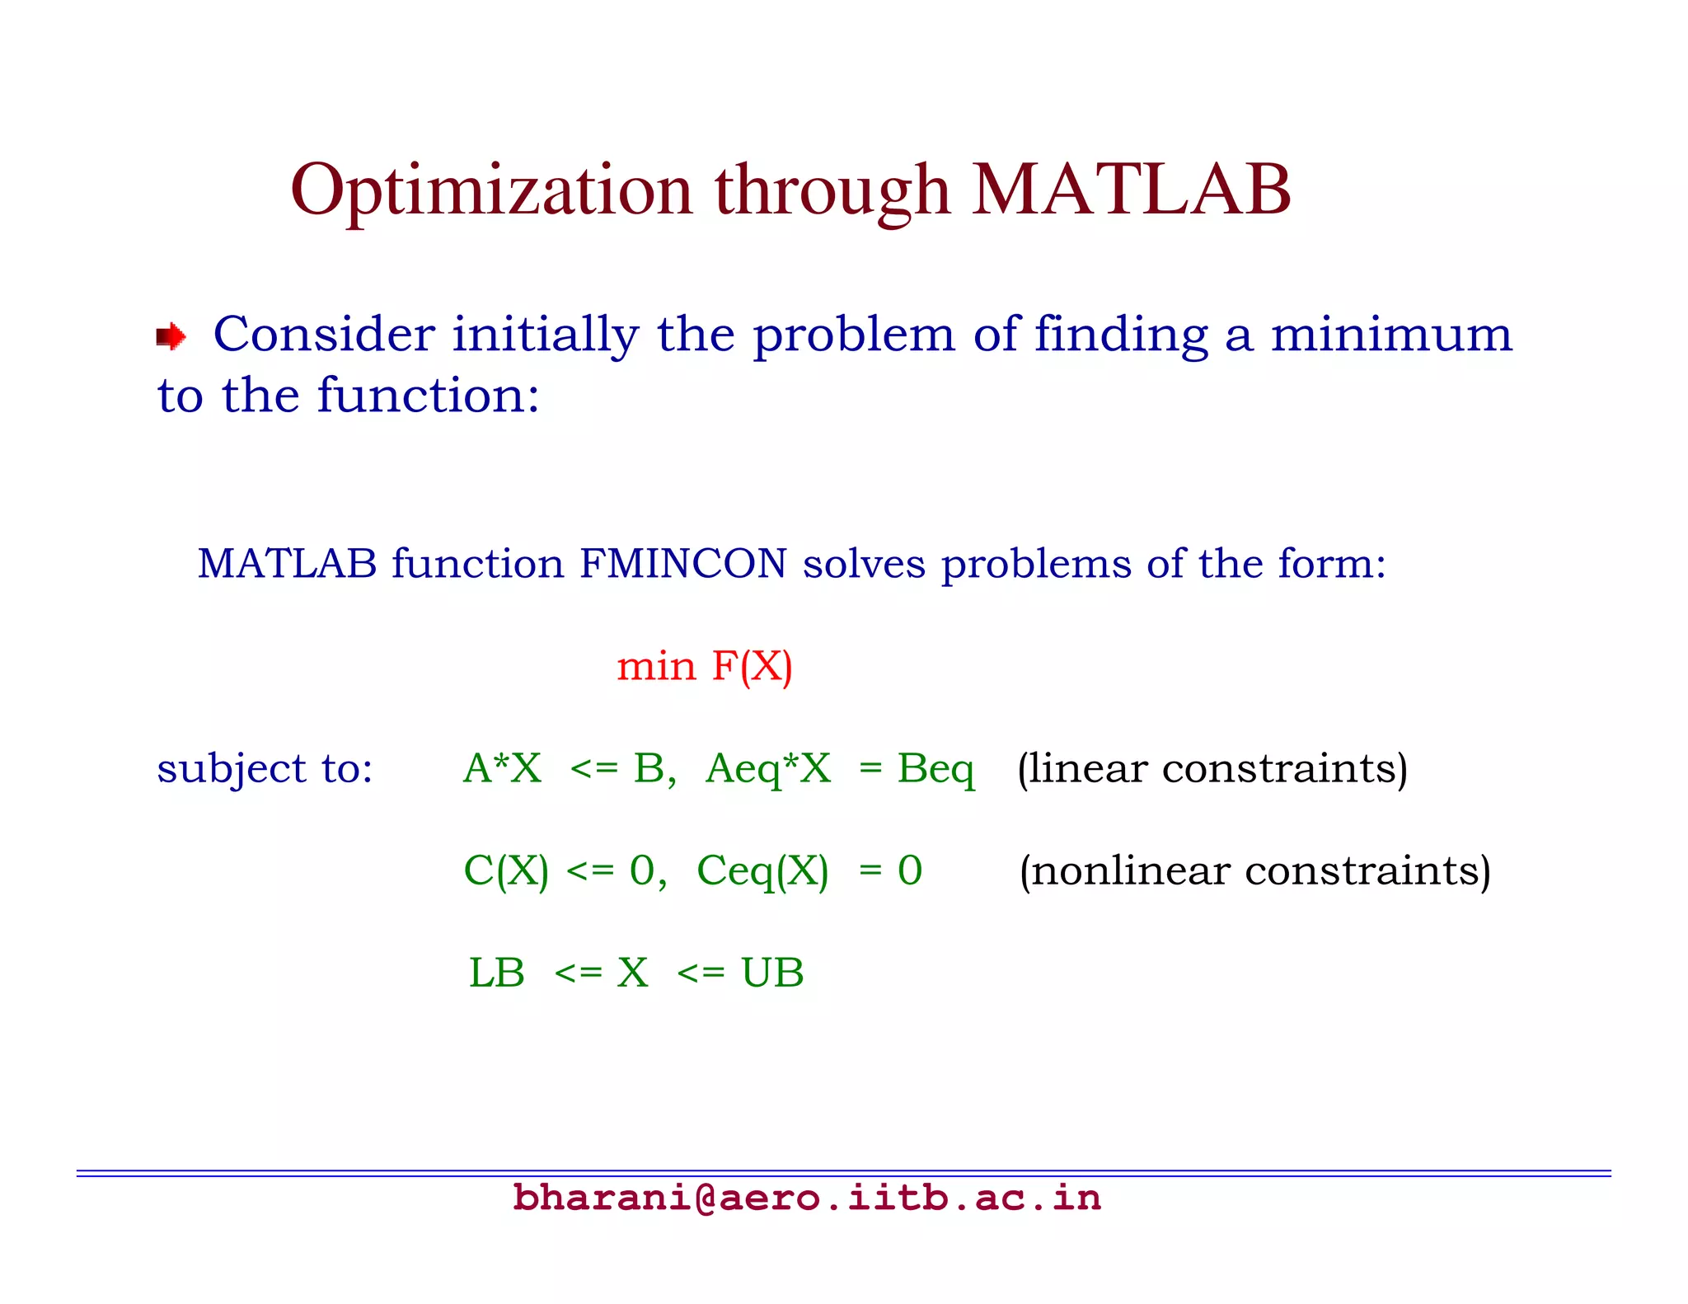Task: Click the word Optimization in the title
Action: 491,191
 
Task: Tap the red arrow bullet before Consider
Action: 171,336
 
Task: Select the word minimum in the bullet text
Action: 1391,335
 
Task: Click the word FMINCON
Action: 682,564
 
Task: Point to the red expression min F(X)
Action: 705,666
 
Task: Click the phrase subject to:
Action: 265,768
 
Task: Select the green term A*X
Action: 502,768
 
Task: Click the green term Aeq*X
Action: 768,768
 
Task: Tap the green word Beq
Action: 935,768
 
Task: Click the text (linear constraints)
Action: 1212,768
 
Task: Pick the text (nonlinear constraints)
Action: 1254,870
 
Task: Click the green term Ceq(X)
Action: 762,870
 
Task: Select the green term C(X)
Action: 506,870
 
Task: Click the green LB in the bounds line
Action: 496,973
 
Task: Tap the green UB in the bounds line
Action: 772,973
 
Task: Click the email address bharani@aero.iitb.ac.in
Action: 806,1198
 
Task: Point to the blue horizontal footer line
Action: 843,1172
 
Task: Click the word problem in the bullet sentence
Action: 854,335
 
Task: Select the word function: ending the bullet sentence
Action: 429,396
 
